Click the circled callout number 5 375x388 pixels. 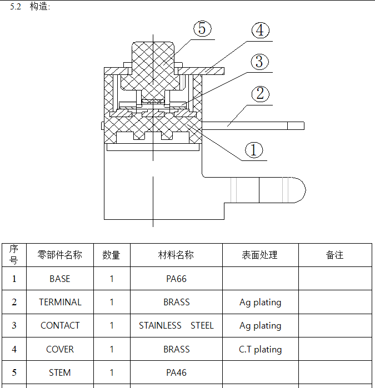pos(202,29)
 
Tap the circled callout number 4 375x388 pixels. pos(261,31)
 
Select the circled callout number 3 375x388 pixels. pos(259,62)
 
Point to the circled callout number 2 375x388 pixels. pos(260,93)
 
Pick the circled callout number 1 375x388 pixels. pos(254,149)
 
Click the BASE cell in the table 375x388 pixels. pos(59,279)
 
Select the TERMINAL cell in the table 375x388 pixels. pos(60,302)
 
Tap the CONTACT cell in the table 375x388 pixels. pos(60,325)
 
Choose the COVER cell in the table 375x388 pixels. pos(60,349)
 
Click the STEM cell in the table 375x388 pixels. pos(60,372)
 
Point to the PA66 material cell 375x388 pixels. pos(176,279)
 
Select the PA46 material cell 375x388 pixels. pos(176,372)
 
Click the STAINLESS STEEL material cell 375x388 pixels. pos(176,325)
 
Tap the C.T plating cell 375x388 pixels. pos(260,349)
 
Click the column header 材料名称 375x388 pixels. pos(176,255)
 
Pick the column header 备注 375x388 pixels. pos(334,255)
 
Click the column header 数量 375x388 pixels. pos(111,255)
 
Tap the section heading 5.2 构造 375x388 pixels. pos(30,7)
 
